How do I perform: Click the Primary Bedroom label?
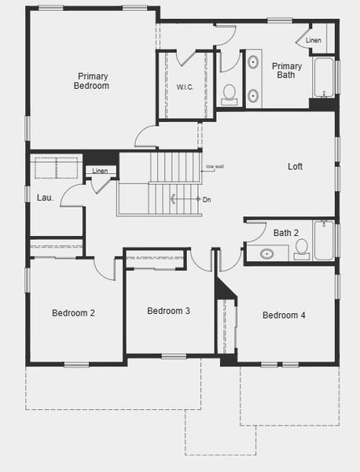coord(93,81)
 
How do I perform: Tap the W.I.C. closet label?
coord(186,87)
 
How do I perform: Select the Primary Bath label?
coord(288,71)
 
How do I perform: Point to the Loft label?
coord(295,167)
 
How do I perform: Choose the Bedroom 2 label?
coord(73,313)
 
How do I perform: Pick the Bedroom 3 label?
coord(168,311)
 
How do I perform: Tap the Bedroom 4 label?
coord(284,315)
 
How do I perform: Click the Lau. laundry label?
coord(45,197)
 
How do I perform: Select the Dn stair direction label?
coord(207,200)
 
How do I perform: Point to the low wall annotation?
coord(214,167)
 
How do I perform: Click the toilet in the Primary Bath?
coord(230,94)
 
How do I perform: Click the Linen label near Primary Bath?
coord(314,40)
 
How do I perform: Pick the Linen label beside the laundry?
coord(100,171)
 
